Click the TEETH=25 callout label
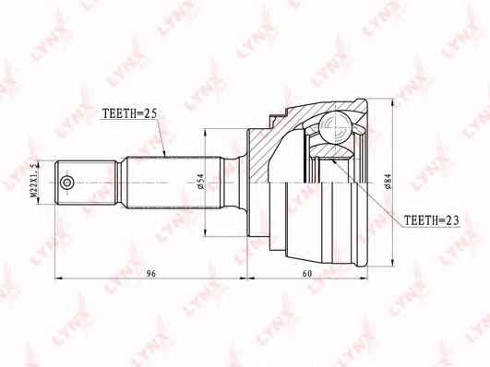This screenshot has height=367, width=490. coord(129,114)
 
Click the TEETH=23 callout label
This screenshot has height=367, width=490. coord(432,220)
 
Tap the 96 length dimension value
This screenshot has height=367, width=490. coord(151,273)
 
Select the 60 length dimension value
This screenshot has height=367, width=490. coord(307,273)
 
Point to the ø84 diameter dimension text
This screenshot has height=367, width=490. coord(388,182)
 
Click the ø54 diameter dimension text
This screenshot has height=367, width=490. coord(200,182)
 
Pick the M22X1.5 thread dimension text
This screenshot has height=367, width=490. coord(33,180)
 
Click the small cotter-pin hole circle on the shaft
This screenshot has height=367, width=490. coord(66,183)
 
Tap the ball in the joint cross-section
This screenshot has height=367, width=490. coord(336,127)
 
